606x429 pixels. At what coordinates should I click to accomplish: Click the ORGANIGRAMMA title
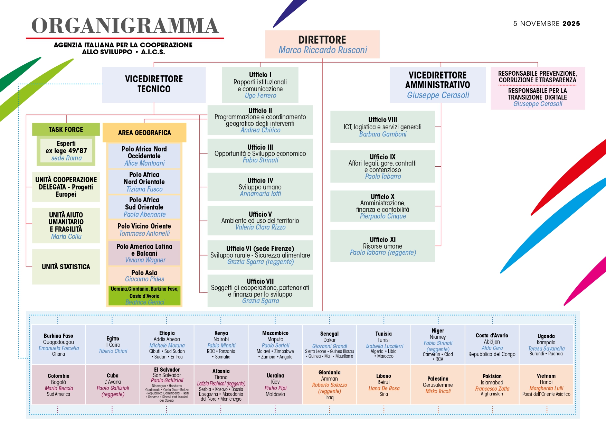point(125,26)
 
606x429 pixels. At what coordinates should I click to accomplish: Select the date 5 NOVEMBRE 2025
point(546,24)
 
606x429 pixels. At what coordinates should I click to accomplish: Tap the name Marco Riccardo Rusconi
point(323,50)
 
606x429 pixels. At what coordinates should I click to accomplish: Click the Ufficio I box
point(260,85)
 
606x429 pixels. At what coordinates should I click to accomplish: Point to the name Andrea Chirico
point(260,130)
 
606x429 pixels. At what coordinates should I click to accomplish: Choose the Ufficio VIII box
point(382,127)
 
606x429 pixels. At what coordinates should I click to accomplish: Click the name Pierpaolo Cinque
point(383,216)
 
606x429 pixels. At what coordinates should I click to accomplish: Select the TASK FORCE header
point(66,130)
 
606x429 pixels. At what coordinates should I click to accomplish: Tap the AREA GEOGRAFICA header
point(144,133)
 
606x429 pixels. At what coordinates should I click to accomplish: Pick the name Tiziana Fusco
point(144,189)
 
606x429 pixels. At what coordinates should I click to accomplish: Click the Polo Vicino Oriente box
point(144,229)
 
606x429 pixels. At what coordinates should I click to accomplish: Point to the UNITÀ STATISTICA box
point(66,267)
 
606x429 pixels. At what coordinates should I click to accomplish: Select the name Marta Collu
point(66,237)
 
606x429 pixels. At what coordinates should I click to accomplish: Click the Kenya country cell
point(221,345)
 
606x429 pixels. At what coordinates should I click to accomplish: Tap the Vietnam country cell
point(546,384)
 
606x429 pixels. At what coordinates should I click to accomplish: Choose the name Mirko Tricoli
point(438,391)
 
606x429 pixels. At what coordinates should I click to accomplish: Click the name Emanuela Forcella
point(59,348)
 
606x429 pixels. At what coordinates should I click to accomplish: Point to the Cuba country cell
point(113,384)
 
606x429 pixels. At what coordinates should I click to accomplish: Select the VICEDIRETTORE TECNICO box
point(154,84)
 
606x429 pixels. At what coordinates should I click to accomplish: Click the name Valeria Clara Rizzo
point(260,227)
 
